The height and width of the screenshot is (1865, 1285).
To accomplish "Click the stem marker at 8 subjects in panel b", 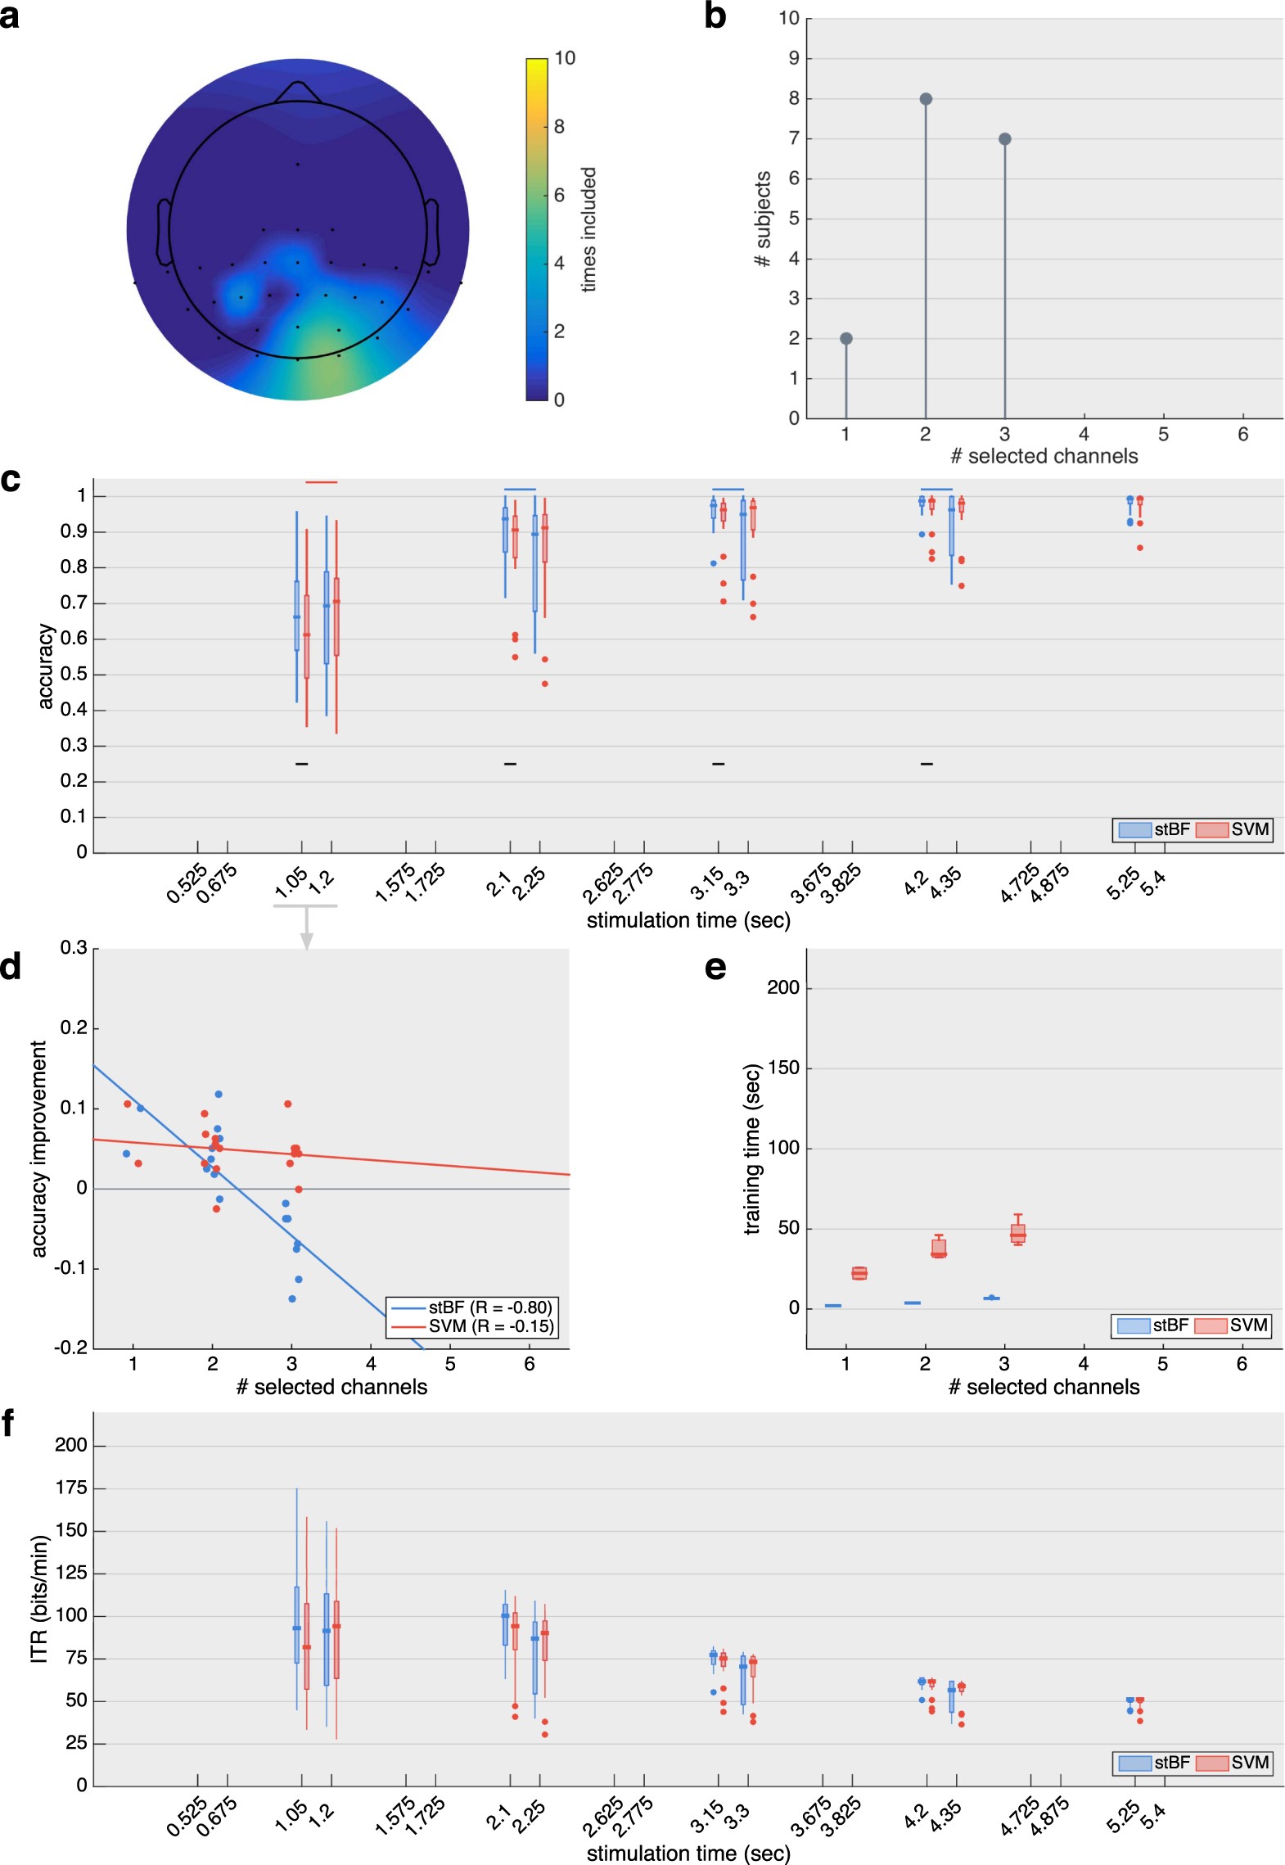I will pyautogui.click(x=926, y=99).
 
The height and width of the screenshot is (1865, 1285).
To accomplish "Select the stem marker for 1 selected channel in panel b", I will pyautogui.click(x=846, y=339).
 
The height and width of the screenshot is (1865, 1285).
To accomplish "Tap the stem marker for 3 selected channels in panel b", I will pyautogui.click(x=1005, y=139).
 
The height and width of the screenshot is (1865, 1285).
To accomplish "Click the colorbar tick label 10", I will pyautogui.click(x=565, y=58).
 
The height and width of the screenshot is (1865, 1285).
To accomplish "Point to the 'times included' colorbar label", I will pyautogui.click(x=588, y=229).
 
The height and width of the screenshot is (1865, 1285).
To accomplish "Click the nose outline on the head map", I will pyautogui.click(x=298, y=90).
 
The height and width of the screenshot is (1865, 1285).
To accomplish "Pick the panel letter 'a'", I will pyautogui.click(x=10, y=16).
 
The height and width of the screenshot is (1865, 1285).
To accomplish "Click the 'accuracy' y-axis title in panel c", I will pyautogui.click(x=46, y=666).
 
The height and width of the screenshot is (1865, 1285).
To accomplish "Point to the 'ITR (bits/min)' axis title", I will pyautogui.click(x=39, y=1598).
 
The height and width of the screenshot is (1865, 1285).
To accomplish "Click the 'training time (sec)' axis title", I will pyautogui.click(x=751, y=1148).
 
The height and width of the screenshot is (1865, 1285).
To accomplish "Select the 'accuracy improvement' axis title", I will pyautogui.click(x=38, y=1148).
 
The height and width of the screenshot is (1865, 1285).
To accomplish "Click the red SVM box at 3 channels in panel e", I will pyautogui.click(x=1017, y=1233).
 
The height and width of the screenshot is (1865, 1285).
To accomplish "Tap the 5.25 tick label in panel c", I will pyautogui.click(x=1122, y=883).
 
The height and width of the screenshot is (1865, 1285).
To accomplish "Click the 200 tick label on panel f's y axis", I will pyautogui.click(x=71, y=1445).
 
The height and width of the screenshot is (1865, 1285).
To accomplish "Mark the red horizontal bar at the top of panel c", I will pyautogui.click(x=321, y=482).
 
